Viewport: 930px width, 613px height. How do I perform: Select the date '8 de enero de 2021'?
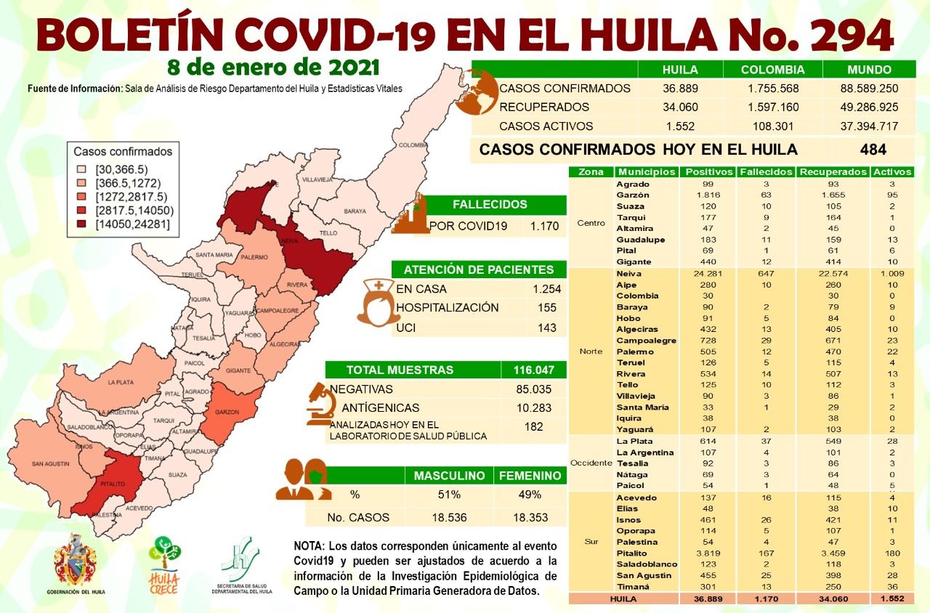[273, 68]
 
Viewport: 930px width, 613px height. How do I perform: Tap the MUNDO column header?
[869, 70]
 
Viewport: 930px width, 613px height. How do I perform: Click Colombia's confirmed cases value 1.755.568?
[772, 89]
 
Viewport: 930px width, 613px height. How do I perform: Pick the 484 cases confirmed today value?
[873, 150]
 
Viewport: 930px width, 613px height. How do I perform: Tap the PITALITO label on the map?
[110, 483]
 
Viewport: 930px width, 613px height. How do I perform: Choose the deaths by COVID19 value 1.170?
[544, 226]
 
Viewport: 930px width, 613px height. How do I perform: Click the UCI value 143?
[546, 328]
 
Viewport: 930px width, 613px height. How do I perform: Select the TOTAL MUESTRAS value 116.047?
[533, 370]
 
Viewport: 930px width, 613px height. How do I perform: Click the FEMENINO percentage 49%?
[530, 495]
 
